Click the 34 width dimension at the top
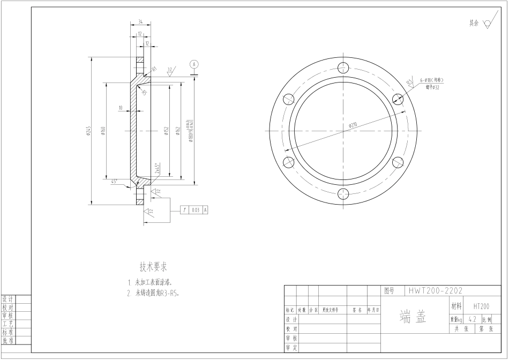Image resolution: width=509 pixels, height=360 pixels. pyautogui.click(x=140, y=22)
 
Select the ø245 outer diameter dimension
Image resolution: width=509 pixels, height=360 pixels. pyautogui.click(x=89, y=131)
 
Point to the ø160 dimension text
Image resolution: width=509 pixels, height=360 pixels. pyautogui.click(x=102, y=131)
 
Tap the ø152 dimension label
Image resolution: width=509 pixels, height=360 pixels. pyautogui.click(x=167, y=131)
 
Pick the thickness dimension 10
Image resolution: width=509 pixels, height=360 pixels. pyautogui.click(x=121, y=108)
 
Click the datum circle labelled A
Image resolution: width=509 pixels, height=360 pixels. pyautogui.click(x=194, y=64)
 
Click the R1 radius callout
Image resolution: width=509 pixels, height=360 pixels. pyautogui.click(x=154, y=69)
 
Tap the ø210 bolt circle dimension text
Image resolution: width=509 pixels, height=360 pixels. pyautogui.click(x=353, y=125)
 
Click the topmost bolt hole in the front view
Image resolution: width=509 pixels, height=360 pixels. pyautogui.click(x=344, y=67)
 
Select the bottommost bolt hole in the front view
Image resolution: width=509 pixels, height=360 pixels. pyautogui.click(x=344, y=194)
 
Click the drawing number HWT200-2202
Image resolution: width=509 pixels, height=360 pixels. pyautogui.click(x=435, y=291)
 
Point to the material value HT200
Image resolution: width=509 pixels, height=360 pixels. pyautogui.click(x=481, y=306)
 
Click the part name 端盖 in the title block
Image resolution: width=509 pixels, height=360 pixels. pyautogui.click(x=413, y=317)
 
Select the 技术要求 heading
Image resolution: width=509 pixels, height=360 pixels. pyautogui.click(x=153, y=267)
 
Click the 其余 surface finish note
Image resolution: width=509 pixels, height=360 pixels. pyautogui.click(x=474, y=23)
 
